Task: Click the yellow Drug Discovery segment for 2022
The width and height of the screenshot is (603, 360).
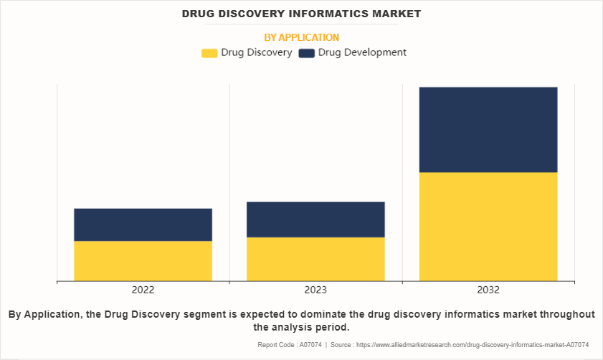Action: [x=143, y=260]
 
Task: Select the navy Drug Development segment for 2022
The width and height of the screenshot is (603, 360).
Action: [x=143, y=224]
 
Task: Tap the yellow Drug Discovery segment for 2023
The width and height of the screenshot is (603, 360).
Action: [x=315, y=258]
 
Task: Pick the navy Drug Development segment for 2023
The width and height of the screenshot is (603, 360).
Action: [x=315, y=219]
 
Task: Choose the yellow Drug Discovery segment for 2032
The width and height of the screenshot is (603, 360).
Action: [x=488, y=226]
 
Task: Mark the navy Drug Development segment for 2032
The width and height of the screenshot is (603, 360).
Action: [x=488, y=130]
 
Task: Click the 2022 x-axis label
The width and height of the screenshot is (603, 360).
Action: [x=143, y=290]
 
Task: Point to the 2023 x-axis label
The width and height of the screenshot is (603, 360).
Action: [x=315, y=290]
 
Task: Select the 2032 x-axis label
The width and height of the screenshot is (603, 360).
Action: [x=488, y=290]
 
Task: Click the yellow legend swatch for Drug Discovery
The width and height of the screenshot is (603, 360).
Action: [x=209, y=53]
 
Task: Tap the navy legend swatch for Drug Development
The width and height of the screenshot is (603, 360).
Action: [x=306, y=53]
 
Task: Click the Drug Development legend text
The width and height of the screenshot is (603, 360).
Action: [x=362, y=52]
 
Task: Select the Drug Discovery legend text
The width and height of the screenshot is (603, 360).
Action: [x=256, y=52]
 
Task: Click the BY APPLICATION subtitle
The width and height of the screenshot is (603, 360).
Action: [x=301, y=37]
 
